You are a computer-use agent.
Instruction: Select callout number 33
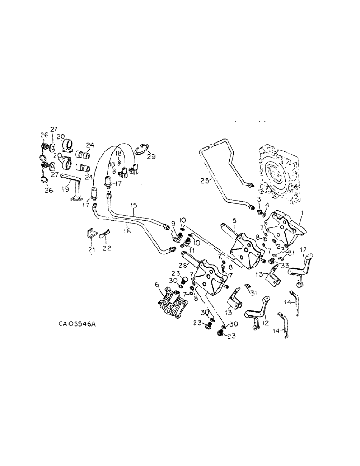(x=284, y=265)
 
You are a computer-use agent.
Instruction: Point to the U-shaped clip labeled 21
(x=92, y=235)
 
